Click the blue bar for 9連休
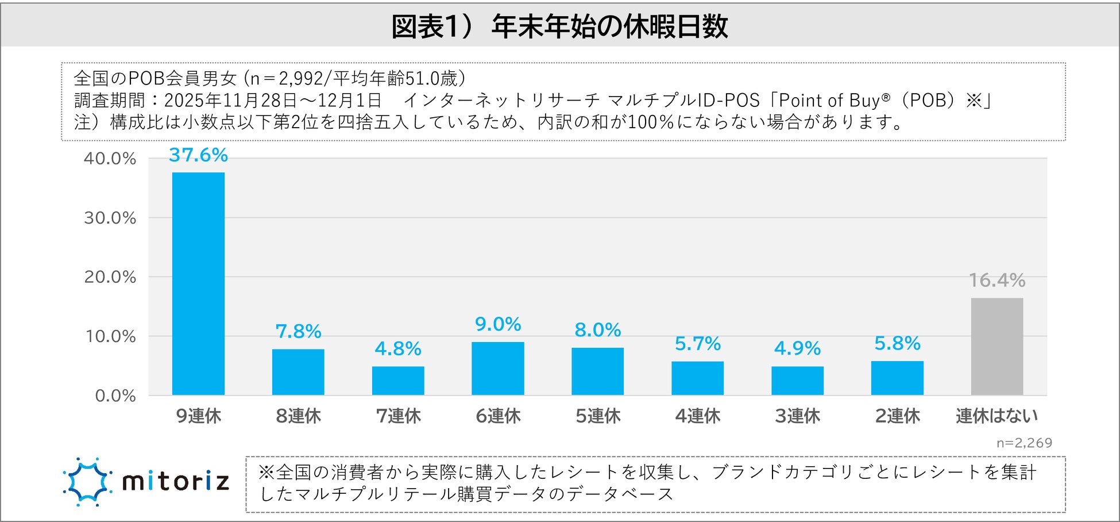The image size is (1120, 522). pyautogui.click(x=198, y=283)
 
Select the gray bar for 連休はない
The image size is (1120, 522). pyautogui.click(x=997, y=346)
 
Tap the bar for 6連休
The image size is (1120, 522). pyautogui.click(x=497, y=369)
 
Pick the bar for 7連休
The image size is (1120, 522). pyautogui.click(x=398, y=381)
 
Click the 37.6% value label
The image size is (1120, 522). pyautogui.click(x=198, y=155)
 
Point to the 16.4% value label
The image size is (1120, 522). pyautogui.click(x=997, y=281)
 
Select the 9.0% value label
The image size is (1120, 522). pyautogui.click(x=497, y=325)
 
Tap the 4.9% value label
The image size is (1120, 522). pyautogui.click(x=797, y=348)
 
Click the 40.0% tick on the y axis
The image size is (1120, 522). pyautogui.click(x=110, y=159)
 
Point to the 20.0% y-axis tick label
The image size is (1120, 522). pyautogui.click(x=110, y=277)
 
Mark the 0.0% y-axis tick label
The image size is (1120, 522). pyautogui.click(x=115, y=396)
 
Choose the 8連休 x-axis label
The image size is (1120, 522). pyautogui.click(x=298, y=416)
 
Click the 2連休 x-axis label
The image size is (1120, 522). pyautogui.click(x=897, y=416)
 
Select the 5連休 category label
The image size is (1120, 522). pyautogui.click(x=598, y=416)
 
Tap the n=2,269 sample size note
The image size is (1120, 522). pyautogui.click(x=1024, y=443)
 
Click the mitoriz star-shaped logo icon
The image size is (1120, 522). pyautogui.click(x=87, y=482)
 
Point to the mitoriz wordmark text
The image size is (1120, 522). pyautogui.click(x=176, y=482)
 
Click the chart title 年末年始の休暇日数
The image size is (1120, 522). pyautogui.click(x=609, y=26)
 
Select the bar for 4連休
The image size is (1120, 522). pyautogui.click(x=697, y=378)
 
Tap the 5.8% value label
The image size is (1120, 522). pyautogui.click(x=897, y=344)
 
